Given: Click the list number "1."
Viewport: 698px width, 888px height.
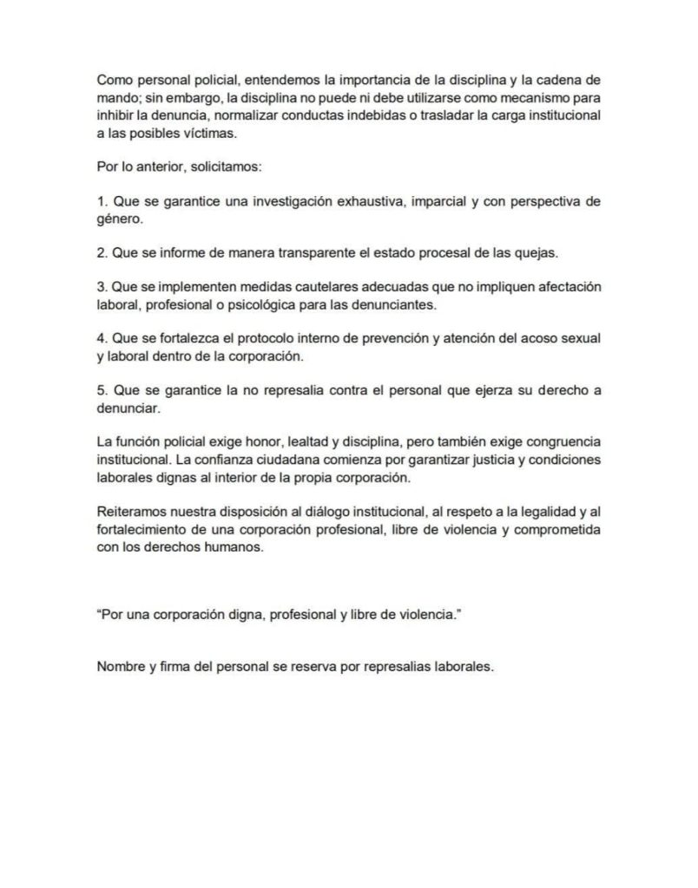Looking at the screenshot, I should (x=102, y=202).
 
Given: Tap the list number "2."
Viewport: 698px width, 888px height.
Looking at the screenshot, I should (x=102, y=253).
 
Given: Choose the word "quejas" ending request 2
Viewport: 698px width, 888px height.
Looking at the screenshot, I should (x=536, y=253).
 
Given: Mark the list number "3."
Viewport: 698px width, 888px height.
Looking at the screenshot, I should (x=102, y=287).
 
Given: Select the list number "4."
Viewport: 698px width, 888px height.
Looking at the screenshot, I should (x=102, y=339).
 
